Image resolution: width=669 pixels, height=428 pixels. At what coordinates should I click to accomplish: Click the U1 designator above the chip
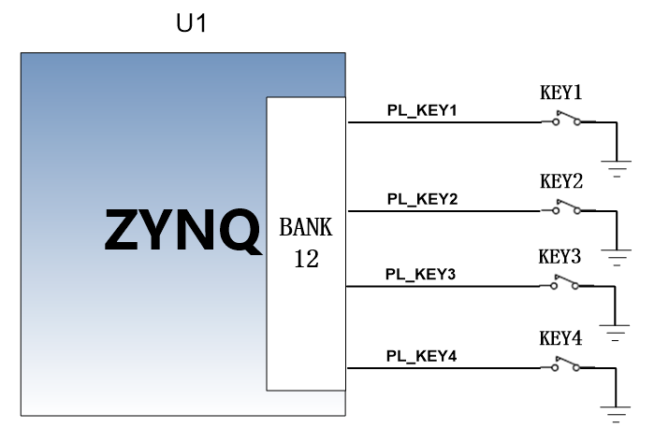192,23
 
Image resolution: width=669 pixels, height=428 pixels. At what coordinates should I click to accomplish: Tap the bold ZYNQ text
182,230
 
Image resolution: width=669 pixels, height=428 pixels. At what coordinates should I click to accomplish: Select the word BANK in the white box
305,227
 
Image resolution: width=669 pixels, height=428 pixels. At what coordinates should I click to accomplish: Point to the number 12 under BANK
306,259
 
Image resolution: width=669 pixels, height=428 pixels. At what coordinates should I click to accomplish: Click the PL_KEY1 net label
422,110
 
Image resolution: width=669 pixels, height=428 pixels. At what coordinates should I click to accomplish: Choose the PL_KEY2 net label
422,199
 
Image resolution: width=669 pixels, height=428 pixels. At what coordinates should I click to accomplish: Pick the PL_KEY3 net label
421,274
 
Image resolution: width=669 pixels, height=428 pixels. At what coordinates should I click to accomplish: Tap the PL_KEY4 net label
422,356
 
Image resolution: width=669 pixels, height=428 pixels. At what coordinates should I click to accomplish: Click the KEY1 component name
561,93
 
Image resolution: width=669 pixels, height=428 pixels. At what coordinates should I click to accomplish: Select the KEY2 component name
561,181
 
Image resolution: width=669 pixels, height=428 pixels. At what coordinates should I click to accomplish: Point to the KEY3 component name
560,257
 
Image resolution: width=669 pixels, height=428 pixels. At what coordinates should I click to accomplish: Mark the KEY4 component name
560,338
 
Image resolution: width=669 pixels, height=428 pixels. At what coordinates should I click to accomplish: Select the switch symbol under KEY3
565,283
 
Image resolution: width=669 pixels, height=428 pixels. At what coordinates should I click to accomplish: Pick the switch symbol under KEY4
566,364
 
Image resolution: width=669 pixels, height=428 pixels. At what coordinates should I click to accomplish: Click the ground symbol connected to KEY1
617,168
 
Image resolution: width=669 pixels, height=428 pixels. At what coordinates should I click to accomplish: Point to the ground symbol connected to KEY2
617,257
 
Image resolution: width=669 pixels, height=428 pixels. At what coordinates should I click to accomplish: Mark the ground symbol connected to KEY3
615,333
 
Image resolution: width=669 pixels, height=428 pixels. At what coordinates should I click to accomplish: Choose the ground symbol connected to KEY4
616,413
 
